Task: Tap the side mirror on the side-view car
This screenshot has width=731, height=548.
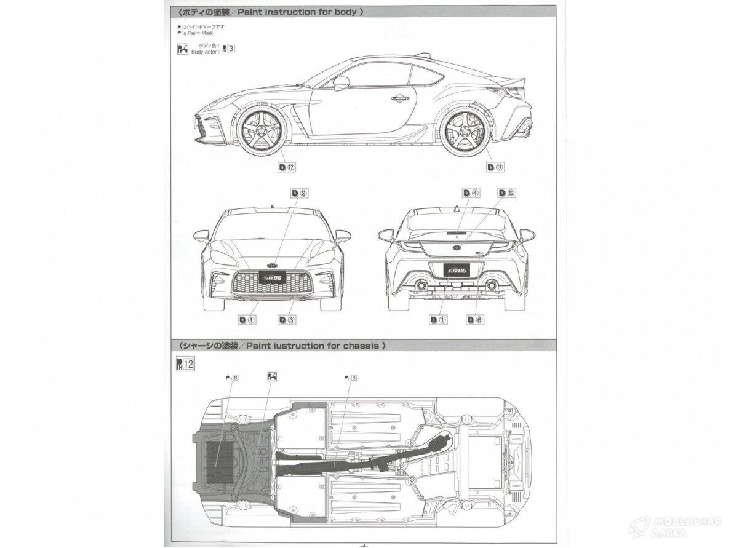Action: pyautogui.click(x=341, y=82)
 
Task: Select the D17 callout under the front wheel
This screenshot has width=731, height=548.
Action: pyautogui.click(x=287, y=167)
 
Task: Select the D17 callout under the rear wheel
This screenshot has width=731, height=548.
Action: pyautogui.click(x=495, y=167)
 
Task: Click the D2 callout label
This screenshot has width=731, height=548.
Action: pyautogui.click(x=300, y=193)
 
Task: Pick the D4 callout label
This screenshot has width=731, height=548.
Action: pyautogui.click(x=471, y=193)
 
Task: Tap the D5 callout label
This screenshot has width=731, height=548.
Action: pyautogui.click(x=507, y=193)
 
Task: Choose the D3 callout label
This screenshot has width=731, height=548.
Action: pyautogui.click(x=287, y=319)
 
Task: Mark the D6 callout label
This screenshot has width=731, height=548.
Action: pyautogui.click(x=475, y=319)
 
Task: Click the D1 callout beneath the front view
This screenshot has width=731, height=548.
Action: pyautogui.click(x=247, y=319)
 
